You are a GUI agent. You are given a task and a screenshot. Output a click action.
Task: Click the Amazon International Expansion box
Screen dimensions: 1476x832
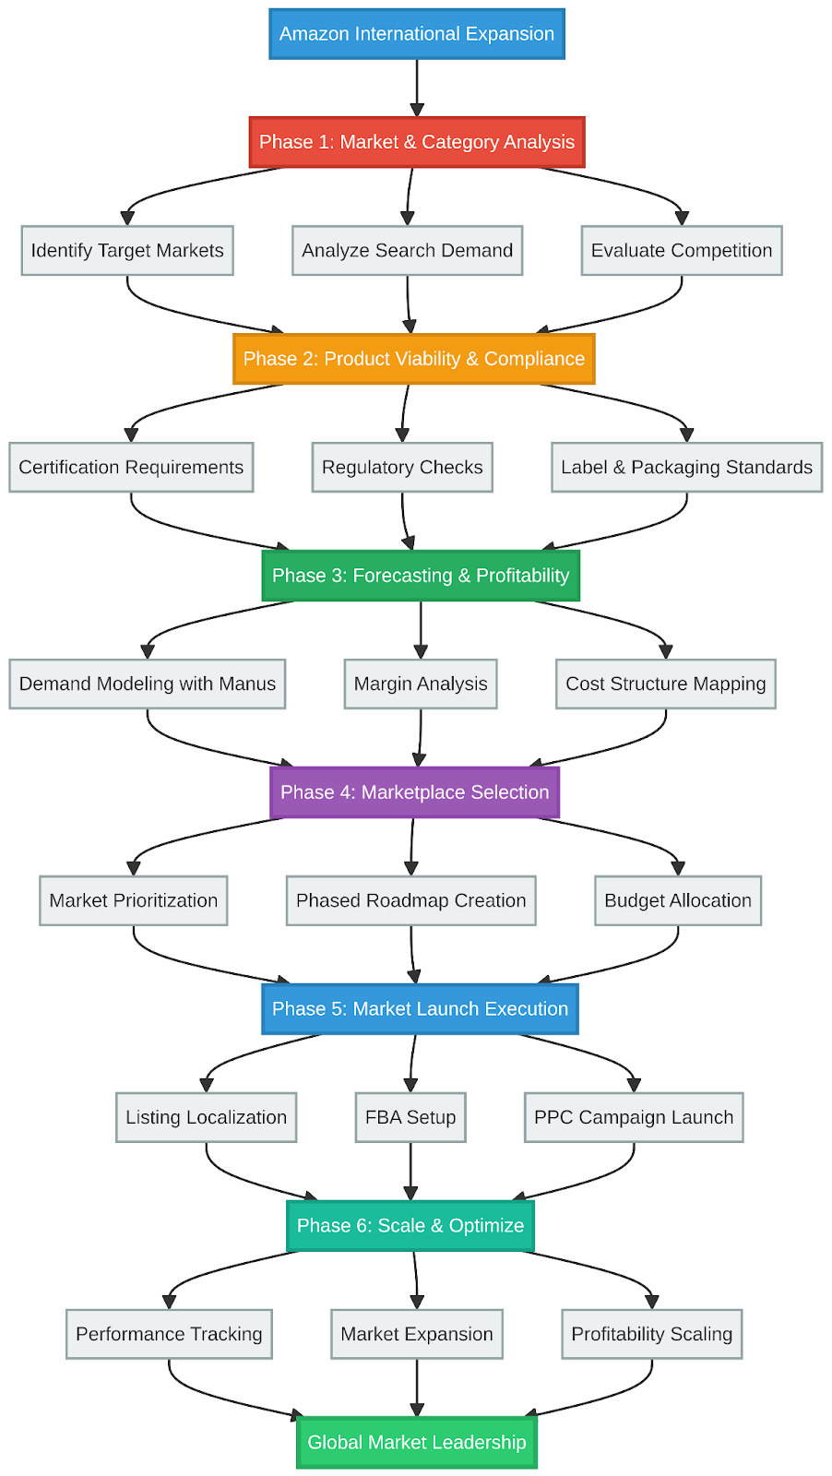click(x=417, y=34)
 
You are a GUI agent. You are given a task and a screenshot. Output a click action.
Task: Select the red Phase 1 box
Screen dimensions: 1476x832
click(x=417, y=142)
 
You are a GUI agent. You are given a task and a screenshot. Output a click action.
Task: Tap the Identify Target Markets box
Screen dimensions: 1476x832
click(x=127, y=251)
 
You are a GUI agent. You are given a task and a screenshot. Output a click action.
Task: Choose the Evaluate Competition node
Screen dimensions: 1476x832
click(x=682, y=251)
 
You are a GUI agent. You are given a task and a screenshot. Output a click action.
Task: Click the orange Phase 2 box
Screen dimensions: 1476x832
click(x=414, y=359)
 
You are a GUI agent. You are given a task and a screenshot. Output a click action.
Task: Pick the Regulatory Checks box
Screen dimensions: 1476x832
click(x=402, y=468)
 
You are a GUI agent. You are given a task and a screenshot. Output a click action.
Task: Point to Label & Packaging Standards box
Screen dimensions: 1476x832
click(x=686, y=468)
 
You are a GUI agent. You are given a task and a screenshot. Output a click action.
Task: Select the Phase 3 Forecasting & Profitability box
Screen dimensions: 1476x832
click(x=421, y=576)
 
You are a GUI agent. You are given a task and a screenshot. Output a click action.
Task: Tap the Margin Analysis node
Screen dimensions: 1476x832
click(x=421, y=684)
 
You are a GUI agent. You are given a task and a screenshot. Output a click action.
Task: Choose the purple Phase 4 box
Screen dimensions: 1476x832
click(x=415, y=792)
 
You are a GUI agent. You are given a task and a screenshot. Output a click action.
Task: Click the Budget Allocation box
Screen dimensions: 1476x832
click(x=678, y=901)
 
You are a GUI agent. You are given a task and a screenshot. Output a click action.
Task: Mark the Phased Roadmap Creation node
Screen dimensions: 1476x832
click(x=411, y=901)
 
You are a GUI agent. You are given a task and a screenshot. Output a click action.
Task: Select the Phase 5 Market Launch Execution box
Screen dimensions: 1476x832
click(x=421, y=1009)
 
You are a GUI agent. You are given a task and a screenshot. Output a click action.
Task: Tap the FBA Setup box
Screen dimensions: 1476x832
click(x=410, y=1118)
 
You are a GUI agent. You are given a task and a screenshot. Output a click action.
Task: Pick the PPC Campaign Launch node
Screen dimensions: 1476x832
click(x=634, y=1118)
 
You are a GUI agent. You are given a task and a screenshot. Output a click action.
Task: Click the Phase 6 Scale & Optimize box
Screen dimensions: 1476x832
click(x=410, y=1226)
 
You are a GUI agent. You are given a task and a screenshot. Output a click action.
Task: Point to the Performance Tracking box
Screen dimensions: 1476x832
click(x=169, y=1335)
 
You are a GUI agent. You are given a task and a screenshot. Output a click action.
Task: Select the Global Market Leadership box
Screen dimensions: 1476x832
click(x=417, y=1443)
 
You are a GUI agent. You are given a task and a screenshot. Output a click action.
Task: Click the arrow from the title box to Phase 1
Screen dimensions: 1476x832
click(x=417, y=88)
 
